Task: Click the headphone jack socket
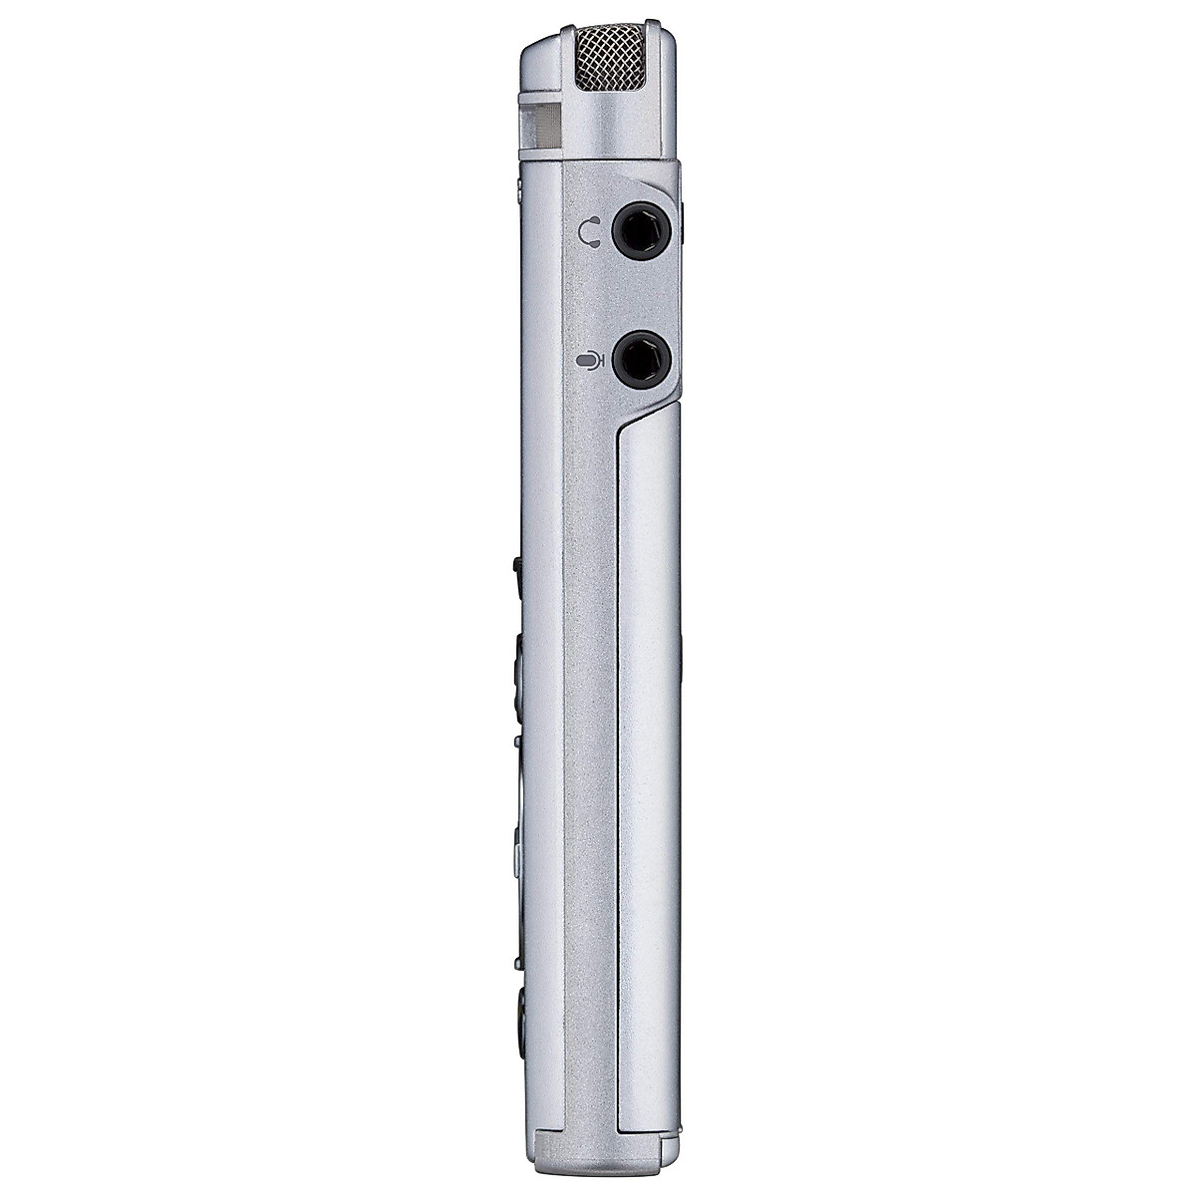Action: click(639, 230)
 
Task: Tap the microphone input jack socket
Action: click(639, 359)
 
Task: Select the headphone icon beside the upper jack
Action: click(591, 232)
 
